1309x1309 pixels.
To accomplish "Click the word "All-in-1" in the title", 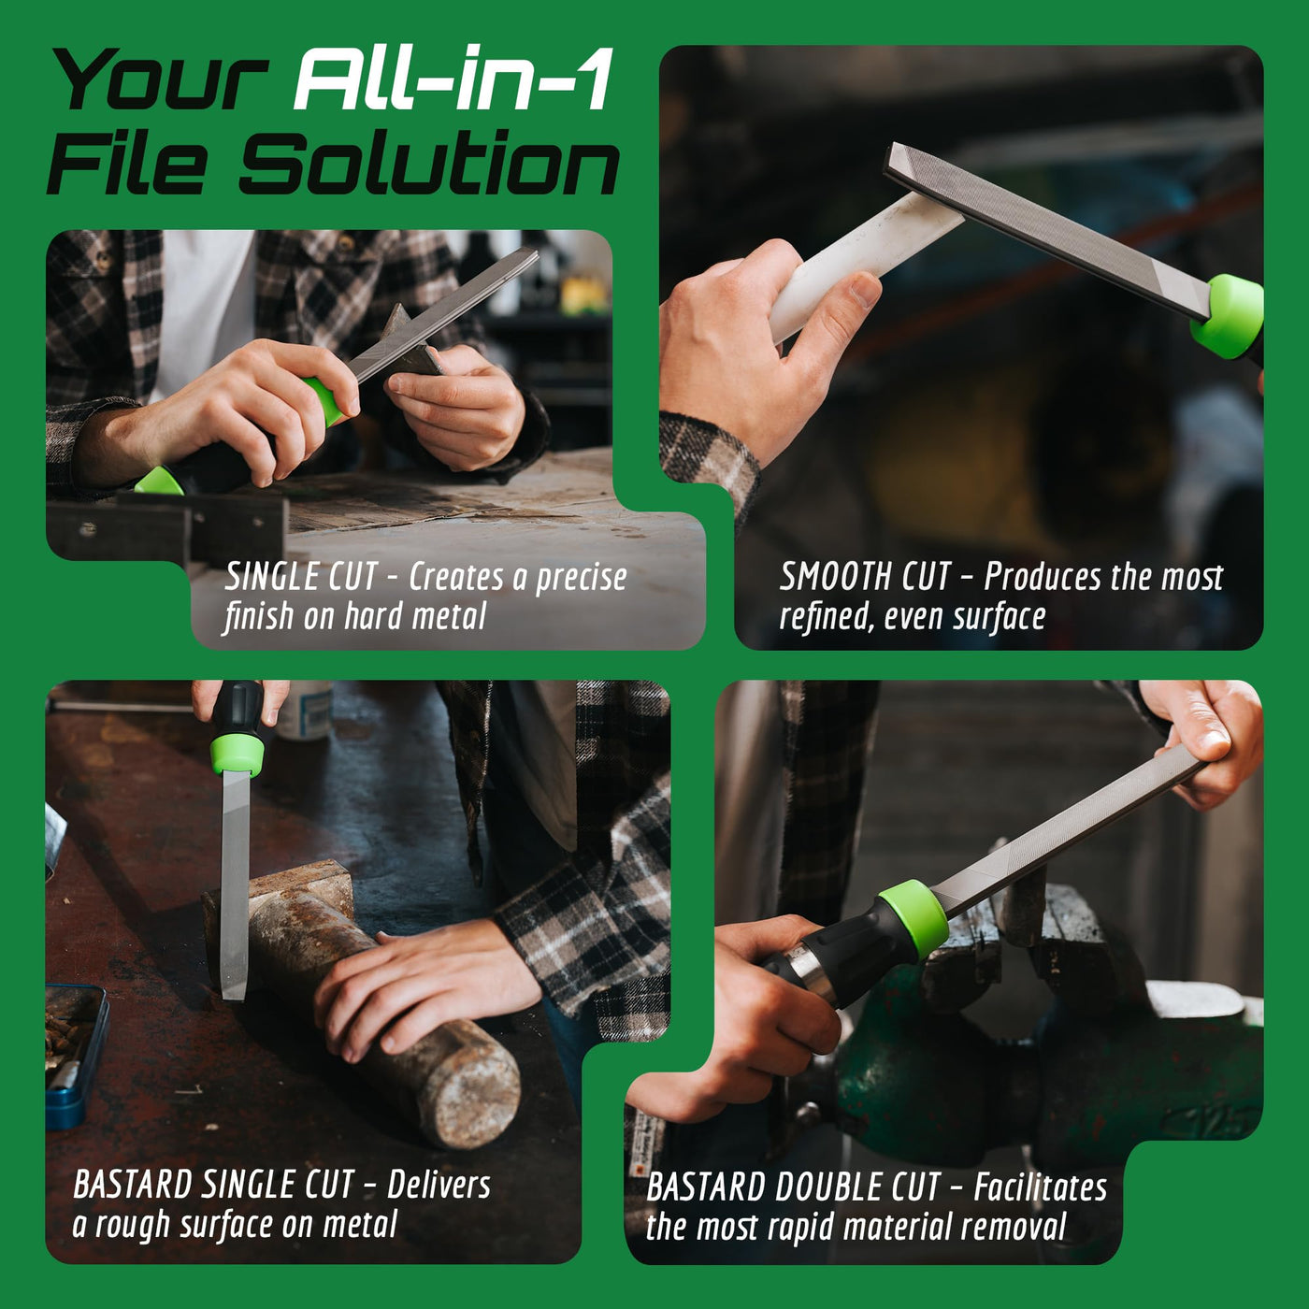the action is coord(453,79).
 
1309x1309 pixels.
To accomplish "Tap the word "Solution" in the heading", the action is coord(429,163).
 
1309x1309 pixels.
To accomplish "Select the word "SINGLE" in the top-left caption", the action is coord(271,578).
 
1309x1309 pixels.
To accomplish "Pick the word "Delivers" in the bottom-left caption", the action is coord(439,1187).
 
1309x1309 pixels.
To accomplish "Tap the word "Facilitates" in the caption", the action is coord(1040,1188).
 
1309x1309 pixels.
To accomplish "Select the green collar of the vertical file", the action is coord(237,755).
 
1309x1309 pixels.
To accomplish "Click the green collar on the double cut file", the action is coord(913,919).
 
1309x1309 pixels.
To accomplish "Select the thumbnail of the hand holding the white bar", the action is coord(865,293).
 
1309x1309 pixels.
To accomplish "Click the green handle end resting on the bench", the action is coord(160,481).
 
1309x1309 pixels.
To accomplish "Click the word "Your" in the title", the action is coord(160,79).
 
